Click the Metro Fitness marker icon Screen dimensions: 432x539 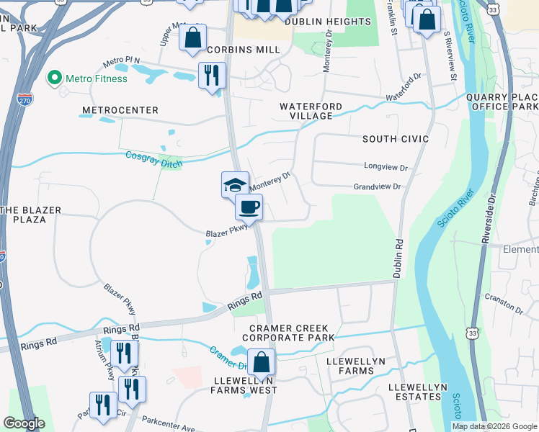point(53,78)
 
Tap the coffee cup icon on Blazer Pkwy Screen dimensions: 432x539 point(249,207)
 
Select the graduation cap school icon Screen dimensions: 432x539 point(235,185)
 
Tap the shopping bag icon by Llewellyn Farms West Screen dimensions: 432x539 point(261,362)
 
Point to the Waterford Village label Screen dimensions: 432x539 point(311,112)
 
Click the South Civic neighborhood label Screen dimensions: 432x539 point(396,138)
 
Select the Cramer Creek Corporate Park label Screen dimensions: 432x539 point(292,333)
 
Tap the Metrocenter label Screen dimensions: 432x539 point(120,110)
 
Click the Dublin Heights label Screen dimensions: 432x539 point(327,22)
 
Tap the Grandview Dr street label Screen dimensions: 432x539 point(377,186)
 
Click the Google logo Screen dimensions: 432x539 point(24,423)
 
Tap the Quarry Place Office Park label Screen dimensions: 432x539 point(502,102)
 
